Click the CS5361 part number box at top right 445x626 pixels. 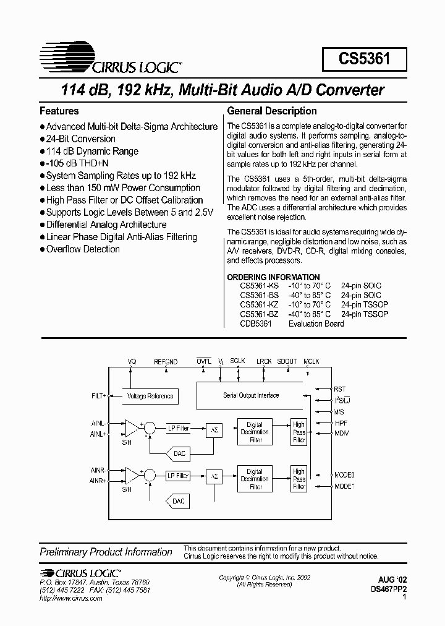click(364, 60)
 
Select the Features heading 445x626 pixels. click(59, 111)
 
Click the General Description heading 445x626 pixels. click(272, 111)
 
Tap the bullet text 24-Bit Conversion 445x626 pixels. click(80, 139)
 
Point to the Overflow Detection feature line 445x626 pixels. click(83, 249)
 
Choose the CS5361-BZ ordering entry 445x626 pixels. click(259, 314)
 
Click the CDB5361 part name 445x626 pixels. click(255, 324)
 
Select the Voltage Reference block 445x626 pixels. click(150, 396)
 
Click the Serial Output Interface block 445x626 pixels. click(250, 395)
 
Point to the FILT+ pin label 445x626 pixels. click(98, 394)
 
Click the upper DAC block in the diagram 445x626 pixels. click(179, 453)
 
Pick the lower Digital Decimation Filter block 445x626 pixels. click(255, 479)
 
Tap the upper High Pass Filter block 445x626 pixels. click(299, 432)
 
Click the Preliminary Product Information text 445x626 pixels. click(106, 552)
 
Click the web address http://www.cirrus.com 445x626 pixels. click(70, 599)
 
